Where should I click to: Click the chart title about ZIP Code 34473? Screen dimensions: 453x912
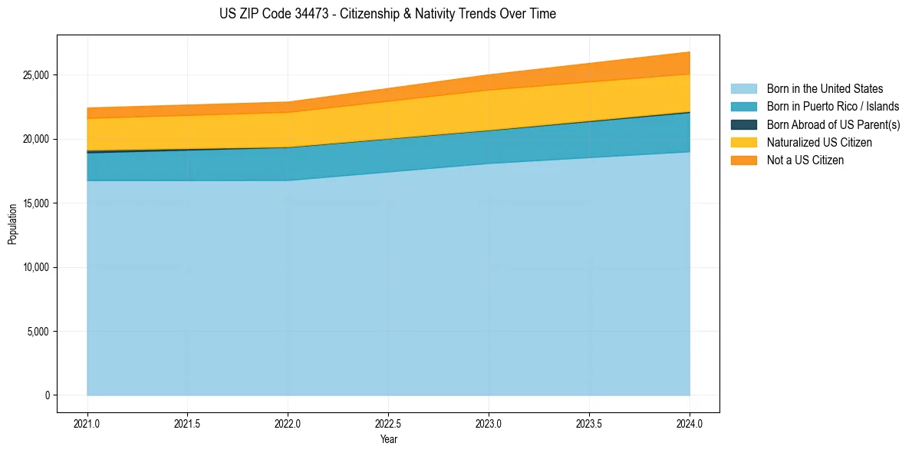pyautogui.click(x=387, y=14)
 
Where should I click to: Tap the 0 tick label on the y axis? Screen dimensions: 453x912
pyautogui.click(x=47, y=395)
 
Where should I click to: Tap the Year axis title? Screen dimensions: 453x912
pyautogui.click(x=388, y=439)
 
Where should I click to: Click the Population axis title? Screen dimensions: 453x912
pyautogui.click(x=12, y=224)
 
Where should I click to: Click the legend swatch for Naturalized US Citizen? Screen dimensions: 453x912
pyautogui.click(x=743, y=143)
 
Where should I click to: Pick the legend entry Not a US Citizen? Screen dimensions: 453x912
pyautogui.click(x=805, y=160)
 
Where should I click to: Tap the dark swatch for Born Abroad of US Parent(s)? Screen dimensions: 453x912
pyautogui.click(x=743, y=124)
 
